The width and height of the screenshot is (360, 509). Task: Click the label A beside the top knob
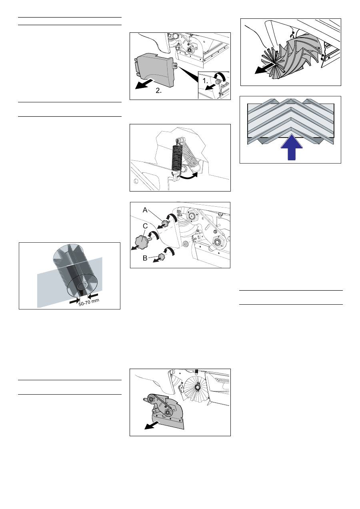(145, 210)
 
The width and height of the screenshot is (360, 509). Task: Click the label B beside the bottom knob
(145, 258)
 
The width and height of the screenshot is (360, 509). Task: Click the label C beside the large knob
(145, 226)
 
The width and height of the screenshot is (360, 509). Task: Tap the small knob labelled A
(166, 224)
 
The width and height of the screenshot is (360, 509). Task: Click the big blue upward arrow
(292, 147)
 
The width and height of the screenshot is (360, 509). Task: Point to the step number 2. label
(159, 91)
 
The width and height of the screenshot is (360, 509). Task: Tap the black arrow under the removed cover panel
(144, 84)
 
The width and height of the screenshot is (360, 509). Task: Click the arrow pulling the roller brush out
(265, 68)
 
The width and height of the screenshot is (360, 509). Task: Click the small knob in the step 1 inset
(218, 81)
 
